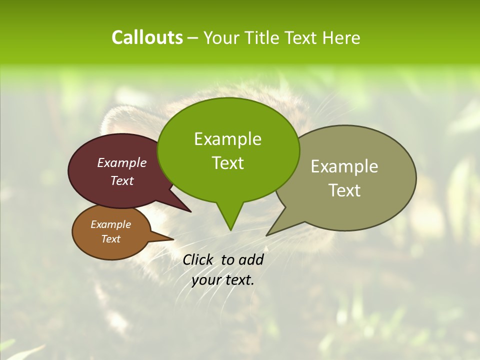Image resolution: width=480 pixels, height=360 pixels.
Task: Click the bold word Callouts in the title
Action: point(147,37)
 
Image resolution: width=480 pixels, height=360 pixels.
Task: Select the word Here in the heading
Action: point(341,38)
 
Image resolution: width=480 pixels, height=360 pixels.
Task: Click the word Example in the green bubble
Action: point(227,139)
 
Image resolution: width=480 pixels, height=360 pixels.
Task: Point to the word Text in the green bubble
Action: point(227,163)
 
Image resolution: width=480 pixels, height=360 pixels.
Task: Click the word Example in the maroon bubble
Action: point(122,162)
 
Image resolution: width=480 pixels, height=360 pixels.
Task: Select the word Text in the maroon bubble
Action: point(122,180)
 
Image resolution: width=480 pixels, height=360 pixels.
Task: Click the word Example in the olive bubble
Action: point(344,166)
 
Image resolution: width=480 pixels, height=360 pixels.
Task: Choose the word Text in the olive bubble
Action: point(344,190)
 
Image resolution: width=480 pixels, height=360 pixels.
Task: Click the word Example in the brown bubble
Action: point(110,224)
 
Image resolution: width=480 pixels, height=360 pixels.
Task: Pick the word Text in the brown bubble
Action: point(110,239)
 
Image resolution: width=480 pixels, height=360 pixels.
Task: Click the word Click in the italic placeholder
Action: point(198,259)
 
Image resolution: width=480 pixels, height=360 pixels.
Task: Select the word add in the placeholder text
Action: point(250,259)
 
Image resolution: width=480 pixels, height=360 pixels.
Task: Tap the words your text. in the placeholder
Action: point(223,280)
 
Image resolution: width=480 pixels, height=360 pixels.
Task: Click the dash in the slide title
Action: point(193,38)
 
